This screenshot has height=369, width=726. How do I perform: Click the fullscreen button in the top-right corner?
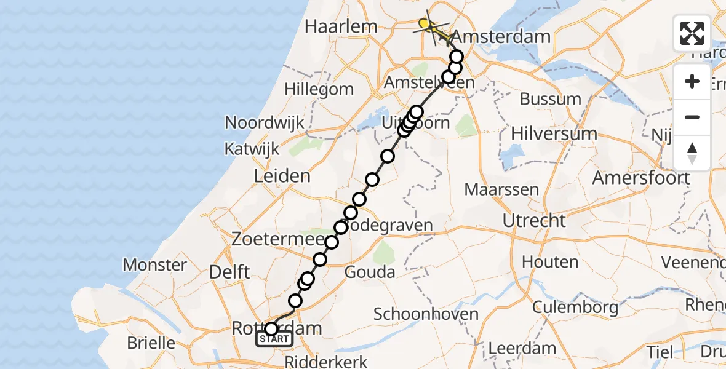click(692, 33)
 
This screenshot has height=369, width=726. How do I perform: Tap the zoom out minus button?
click(692, 117)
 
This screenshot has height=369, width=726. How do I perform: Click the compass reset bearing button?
click(692, 153)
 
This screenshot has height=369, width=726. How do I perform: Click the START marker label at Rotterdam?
click(274, 339)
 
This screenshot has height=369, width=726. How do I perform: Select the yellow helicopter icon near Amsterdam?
click(429, 26)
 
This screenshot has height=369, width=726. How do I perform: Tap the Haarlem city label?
click(340, 26)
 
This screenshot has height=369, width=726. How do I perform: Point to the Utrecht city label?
click(533, 220)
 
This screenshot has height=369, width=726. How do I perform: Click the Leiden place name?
click(282, 177)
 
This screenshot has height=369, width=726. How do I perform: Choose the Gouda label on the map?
click(370, 271)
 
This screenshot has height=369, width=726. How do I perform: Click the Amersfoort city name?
click(640, 178)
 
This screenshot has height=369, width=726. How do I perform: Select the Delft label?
click(229, 271)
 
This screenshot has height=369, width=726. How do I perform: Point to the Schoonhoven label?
click(426, 314)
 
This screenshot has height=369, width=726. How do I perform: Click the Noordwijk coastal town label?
click(265, 122)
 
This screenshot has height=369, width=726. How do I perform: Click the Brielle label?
click(151, 343)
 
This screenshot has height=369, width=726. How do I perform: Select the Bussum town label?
click(550, 99)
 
